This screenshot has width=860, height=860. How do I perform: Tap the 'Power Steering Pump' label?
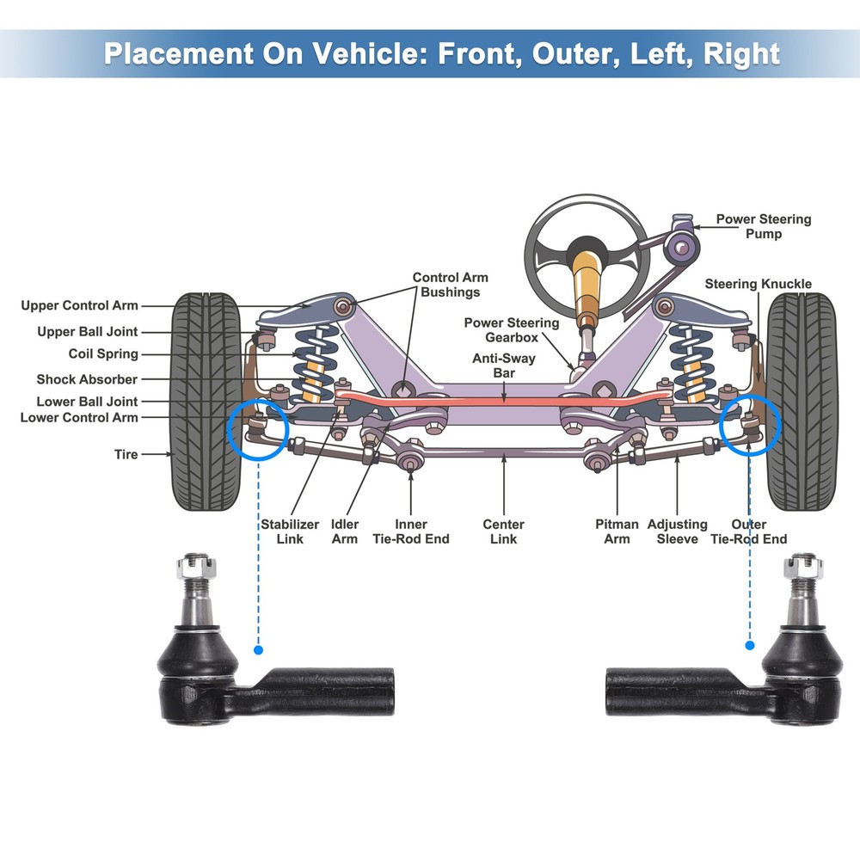763,226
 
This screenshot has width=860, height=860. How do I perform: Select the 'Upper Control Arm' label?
79,305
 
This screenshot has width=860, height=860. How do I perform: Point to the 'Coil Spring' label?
103,353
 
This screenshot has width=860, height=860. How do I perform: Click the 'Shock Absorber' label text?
87,379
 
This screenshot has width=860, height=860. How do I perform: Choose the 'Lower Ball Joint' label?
87,402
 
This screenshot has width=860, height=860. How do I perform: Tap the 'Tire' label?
126,453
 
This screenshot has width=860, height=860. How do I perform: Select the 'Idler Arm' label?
345,531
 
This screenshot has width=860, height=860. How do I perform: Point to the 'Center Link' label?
503,531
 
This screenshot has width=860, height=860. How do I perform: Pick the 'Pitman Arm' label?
617,531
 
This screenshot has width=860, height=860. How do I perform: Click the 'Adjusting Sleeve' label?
677,531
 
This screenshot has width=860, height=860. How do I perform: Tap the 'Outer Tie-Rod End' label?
747,531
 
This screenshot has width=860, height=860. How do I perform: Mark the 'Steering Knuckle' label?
758,284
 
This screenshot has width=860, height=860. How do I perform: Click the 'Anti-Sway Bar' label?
503,366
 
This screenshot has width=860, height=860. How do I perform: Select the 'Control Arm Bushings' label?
450,285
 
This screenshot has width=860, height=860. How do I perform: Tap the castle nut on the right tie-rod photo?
804,566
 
